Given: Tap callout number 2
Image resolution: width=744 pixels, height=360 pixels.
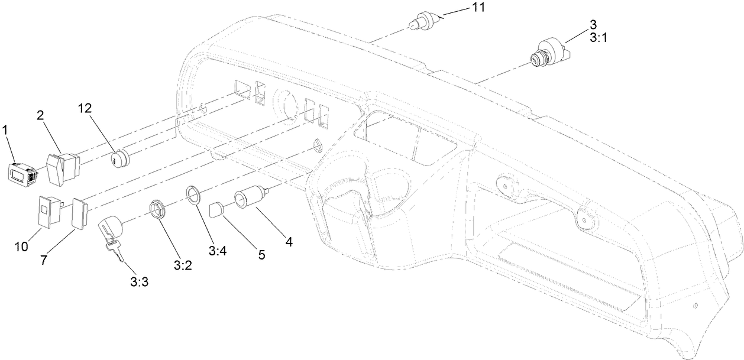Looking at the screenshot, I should coord(40,116).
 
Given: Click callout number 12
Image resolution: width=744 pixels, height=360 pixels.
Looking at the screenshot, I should coord(86,108).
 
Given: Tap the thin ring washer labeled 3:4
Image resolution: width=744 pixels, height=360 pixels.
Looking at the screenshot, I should coord(193,193).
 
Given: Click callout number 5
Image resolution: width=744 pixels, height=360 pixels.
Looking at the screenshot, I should coord(261,255).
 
